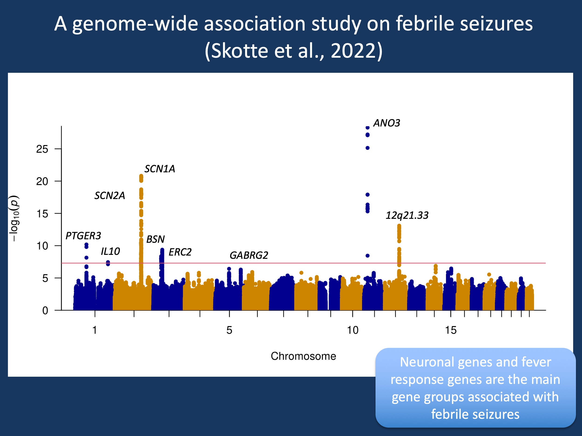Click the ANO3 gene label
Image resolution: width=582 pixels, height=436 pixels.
(x=386, y=123)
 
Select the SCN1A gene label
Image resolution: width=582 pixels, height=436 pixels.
(x=160, y=169)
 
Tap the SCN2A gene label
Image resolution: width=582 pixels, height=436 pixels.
(x=109, y=196)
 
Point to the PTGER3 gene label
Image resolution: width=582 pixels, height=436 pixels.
(x=83, y=236)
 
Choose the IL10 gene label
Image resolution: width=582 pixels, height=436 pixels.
(x=110, y=252)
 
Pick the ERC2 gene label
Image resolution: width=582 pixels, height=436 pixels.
(x=180, y=252)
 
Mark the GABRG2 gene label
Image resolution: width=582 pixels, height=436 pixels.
(x=249, y=255)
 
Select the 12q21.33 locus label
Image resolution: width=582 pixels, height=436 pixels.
(x=407, y=215)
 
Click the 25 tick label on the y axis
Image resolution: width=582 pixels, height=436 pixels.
(x=42, y=149)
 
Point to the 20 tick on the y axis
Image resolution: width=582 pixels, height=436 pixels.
(x=42, y=181)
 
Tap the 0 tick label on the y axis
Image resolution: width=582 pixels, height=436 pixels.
(x=45, y=311)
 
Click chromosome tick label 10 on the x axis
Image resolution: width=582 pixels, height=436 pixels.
(x=352, y=330)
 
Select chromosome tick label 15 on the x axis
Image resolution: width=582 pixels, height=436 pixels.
(x=451, y=330)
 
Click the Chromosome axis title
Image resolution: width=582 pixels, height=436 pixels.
(x=303, y=356)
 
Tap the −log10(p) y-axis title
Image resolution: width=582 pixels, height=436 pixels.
(x=14, y=218)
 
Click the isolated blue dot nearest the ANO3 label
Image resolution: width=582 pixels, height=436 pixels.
(x=368, y=128)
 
